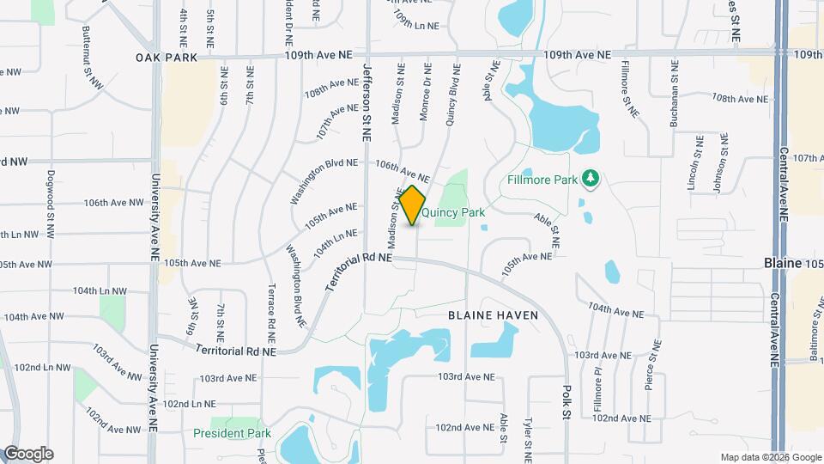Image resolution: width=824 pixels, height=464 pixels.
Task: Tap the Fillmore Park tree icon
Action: tap(590, 179)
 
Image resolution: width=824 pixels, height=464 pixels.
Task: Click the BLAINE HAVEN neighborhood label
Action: tap(494, 315)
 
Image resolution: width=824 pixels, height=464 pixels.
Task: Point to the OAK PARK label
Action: tap(167, 58)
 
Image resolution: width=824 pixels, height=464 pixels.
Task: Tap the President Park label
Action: tap(232, 433)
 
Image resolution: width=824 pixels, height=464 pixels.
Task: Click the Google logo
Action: tap(28, 454)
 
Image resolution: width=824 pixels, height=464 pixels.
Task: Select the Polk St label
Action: tap(566, 402)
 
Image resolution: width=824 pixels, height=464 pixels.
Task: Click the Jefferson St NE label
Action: tap(367, 101)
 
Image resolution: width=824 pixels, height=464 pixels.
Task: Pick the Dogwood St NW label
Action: tap(50, 197)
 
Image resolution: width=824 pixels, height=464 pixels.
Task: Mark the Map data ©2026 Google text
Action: tap(770, 457)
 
